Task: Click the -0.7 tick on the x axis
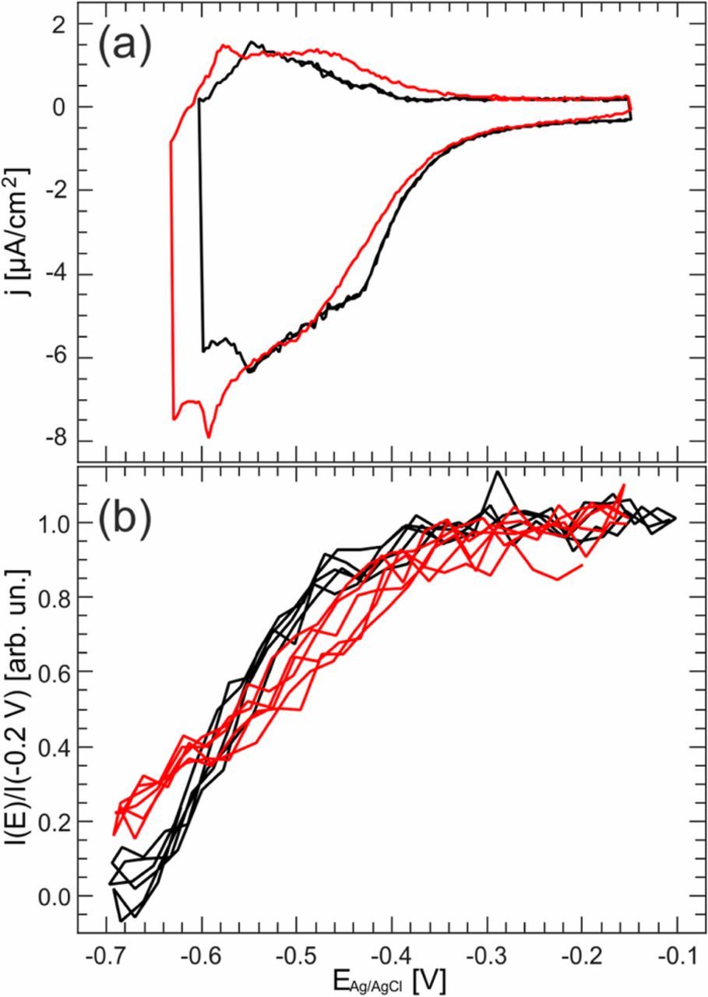108,955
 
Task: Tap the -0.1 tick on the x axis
676,955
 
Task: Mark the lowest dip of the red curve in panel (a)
208,437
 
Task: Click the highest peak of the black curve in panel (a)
252,43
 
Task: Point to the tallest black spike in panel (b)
495,472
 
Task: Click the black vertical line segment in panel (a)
201,234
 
